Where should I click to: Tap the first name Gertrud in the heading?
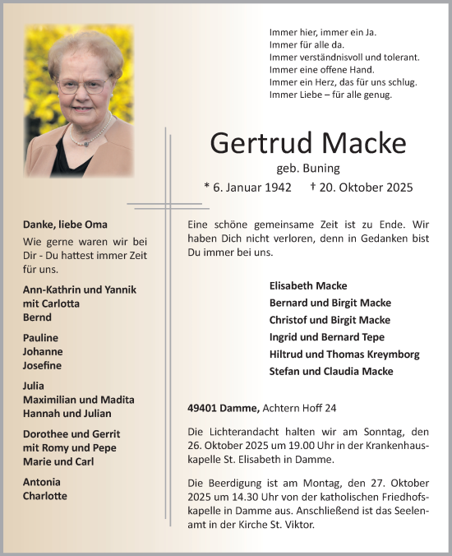pos(262,142)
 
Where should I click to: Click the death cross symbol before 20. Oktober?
pos(314,187)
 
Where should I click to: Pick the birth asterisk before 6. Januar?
pos(207,187)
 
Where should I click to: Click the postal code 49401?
pos(203,409)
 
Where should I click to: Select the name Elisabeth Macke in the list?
pos(308,285)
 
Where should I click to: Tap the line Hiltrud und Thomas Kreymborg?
pos(344,354)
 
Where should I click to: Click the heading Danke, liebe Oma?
pos(66,225)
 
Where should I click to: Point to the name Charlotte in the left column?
pos(45,496)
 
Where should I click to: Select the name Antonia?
pos(42,482)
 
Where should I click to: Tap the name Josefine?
pos(43,365)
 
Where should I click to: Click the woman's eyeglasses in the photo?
pos(82,86)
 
